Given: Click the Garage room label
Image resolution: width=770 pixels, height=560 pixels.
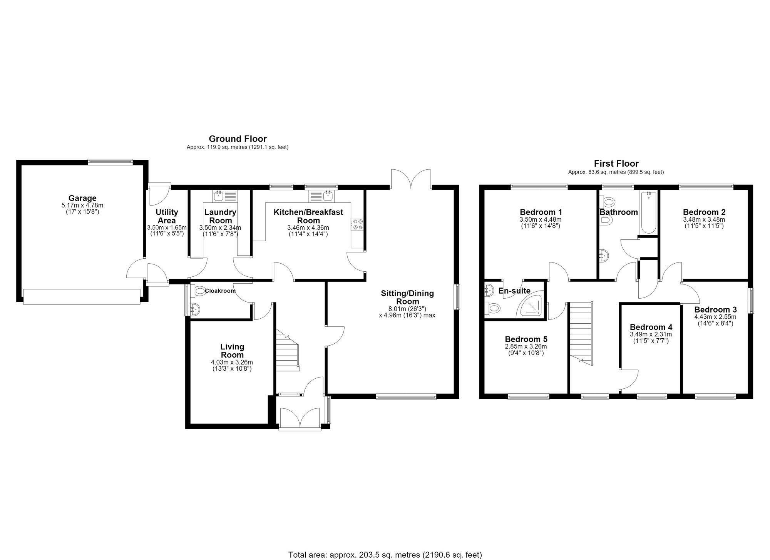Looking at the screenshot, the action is [x=82, y=199].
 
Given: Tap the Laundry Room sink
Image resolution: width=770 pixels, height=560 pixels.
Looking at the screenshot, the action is [x=225, y=196].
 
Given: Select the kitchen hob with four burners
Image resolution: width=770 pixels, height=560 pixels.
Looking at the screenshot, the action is [x=357, y=224].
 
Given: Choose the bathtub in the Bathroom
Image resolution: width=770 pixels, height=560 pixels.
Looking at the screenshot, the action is [x=649, y=212].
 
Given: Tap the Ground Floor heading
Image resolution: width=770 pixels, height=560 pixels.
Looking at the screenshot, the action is [x=238, y=139].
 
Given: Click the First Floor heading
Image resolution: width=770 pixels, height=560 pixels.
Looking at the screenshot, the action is [x=616, y=164].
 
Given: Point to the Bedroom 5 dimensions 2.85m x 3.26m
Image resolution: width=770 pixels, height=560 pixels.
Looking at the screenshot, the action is [x=526, y=346].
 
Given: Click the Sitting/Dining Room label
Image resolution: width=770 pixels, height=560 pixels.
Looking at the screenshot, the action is [x=407, y=297].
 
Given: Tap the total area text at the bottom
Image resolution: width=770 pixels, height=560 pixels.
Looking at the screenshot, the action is [x=385, y=555].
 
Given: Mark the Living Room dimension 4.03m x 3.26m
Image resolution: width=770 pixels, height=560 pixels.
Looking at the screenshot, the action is [x=232, y=362].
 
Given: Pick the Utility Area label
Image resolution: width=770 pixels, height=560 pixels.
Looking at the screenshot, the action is [x=167, y=216].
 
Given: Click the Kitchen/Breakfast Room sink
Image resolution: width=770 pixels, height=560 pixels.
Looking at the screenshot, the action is [x=322, y=196].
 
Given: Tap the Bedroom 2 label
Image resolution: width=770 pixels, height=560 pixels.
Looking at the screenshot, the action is [x=704, y=212].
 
